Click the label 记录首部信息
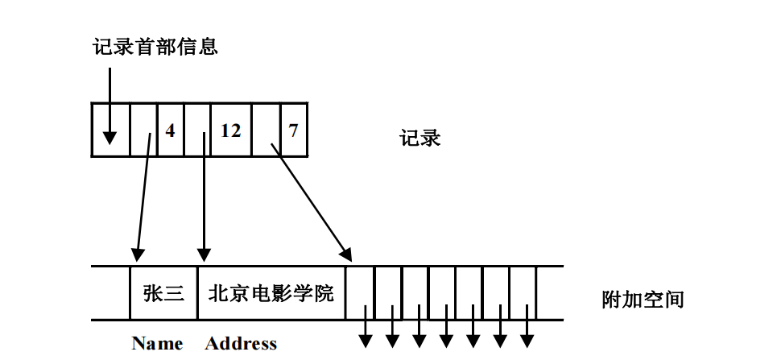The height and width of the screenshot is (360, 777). coord(155,47)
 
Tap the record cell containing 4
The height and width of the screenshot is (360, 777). coord(170,130)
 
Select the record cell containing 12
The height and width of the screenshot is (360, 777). coord(230,130)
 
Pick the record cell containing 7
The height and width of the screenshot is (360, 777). coord(293,130)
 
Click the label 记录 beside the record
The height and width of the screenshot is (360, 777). coord(419,138)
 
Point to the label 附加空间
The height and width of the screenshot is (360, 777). coord(643,300)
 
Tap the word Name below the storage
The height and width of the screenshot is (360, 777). coord(157,344)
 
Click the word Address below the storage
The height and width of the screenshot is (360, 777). coord(241,344)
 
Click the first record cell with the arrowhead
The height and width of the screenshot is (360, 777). coord(110,130)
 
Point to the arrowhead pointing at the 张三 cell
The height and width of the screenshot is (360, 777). coord(137,256)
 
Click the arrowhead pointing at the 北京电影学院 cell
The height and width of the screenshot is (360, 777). coord(204,256)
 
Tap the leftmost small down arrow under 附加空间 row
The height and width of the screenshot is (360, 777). coord(364,333)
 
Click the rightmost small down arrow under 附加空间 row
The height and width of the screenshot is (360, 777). coord(527,333)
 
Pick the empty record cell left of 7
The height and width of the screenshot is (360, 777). coord(265,130)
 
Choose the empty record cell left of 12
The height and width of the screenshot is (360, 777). coord(196,130)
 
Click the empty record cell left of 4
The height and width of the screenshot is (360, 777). coord(143,130)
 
